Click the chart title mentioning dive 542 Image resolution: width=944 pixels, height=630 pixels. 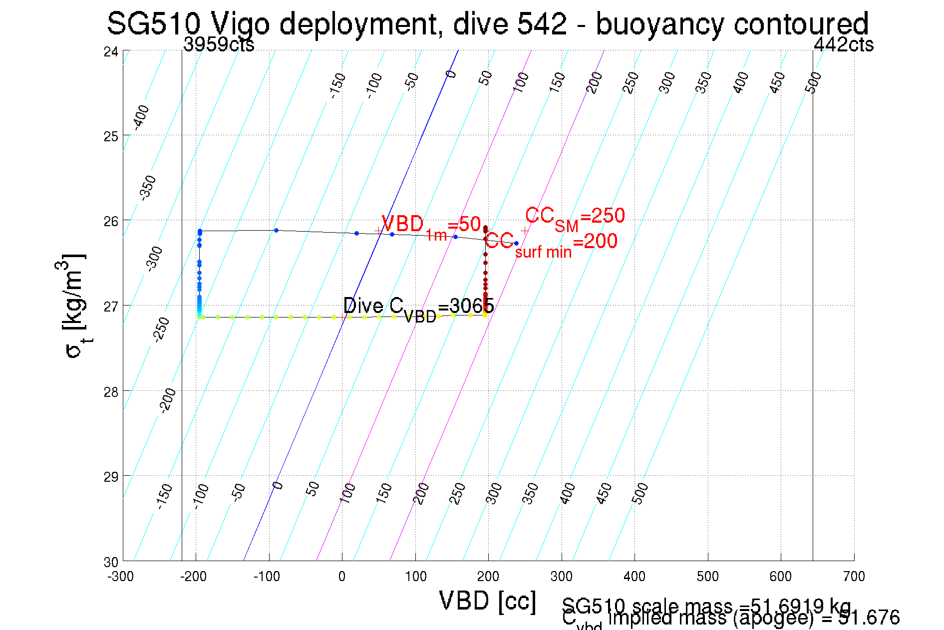487,23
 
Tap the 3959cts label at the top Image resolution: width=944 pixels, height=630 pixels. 219,45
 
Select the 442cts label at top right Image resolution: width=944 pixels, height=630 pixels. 843,45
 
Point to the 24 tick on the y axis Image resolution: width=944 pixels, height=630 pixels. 111,51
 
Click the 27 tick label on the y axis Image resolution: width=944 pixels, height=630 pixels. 111,306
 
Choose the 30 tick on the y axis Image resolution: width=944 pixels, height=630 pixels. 111,562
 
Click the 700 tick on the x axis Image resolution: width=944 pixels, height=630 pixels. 854,577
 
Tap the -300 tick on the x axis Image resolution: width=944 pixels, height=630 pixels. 120,577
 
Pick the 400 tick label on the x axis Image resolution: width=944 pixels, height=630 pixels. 634,577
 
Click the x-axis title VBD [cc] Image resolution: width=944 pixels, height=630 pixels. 488,601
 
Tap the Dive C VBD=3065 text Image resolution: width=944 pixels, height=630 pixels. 418,308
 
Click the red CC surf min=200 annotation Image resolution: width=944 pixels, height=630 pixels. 551,244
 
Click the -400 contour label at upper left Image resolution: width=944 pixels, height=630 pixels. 141,117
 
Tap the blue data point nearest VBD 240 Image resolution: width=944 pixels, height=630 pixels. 516,244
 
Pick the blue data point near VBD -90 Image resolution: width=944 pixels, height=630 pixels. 276,230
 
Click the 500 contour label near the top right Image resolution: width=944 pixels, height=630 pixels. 813,82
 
